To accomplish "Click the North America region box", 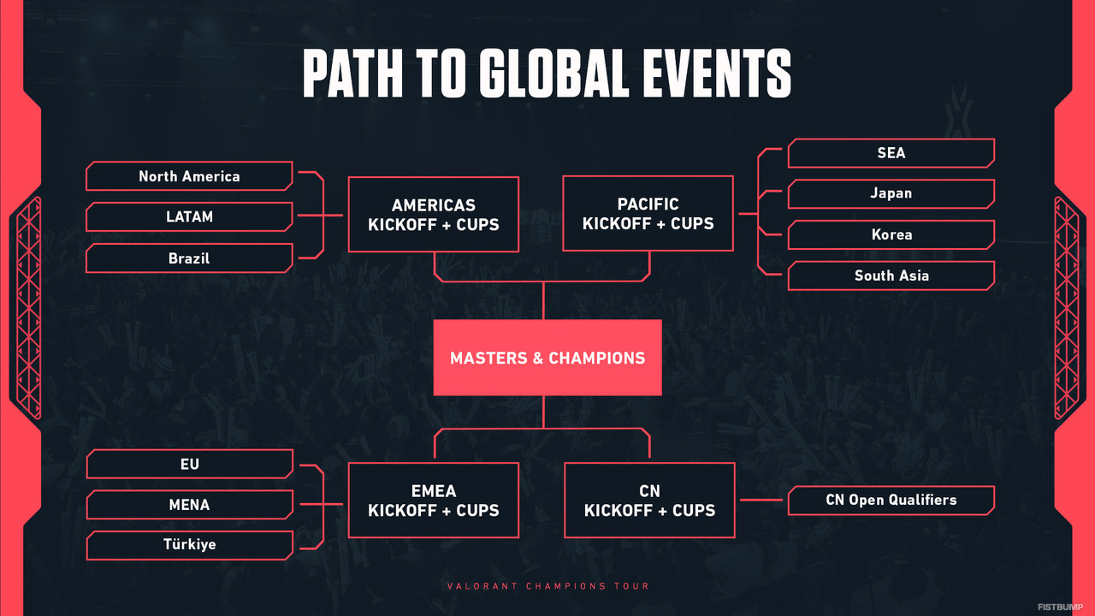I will point(189,176).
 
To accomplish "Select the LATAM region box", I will point(189,216).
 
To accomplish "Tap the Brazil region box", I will point(189,258).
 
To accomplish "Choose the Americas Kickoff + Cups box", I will point(434,215).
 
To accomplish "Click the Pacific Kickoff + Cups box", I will point(648,214).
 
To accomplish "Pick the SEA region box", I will point(891,153).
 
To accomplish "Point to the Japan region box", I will point(891,193).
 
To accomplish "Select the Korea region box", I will point(891,234).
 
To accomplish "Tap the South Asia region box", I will point(891,275).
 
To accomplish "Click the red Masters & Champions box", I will point(547,358).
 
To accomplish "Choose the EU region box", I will point(189,464).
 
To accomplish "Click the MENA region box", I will point(189,505).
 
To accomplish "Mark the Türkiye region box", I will point(189,544).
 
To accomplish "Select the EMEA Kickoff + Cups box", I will point(434,500).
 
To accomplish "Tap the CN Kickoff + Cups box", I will point(649,500).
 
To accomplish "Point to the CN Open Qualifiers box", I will point(891,500).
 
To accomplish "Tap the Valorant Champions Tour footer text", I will point(547,586).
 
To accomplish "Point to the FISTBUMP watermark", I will point(1061,607).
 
